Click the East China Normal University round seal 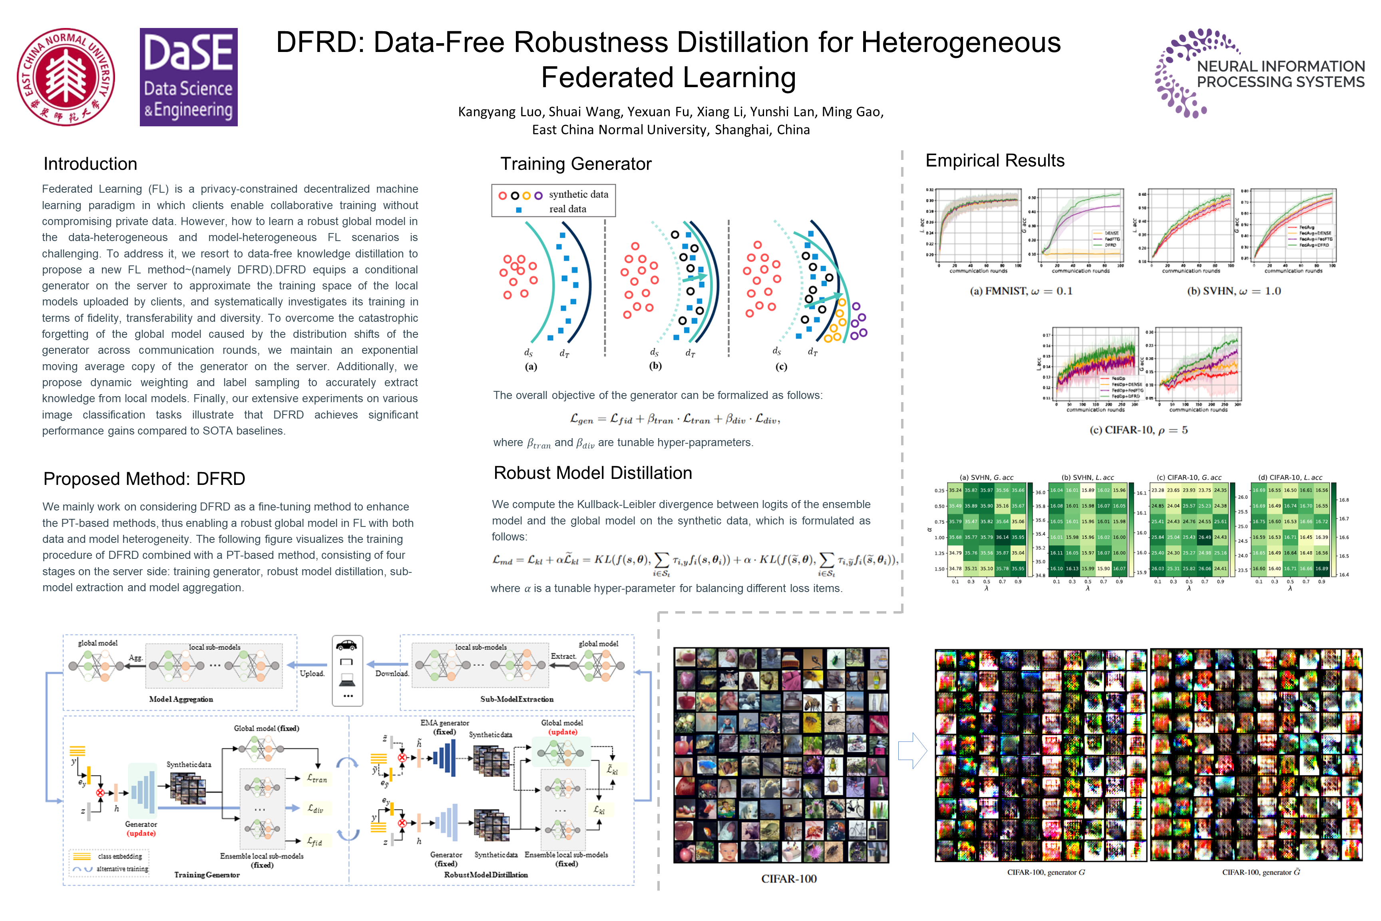pyautogui.click(x=66, y=77)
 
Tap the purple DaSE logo pyautogui.click(x=189, y=77)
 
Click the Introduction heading pyautogui.click(x=90, y=164)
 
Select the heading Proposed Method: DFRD pyautogui.click(x=144, y=479)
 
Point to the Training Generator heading pyautogui.click(x=575, y=164)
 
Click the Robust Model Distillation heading pyautogui.click(x=593, y=473)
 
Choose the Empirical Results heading pyautogui.click(x=995, y=160)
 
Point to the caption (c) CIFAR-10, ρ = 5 pyautogui.click(x=1138, y=430)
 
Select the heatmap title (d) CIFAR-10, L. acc pyautogui.click(x=1290, y=478)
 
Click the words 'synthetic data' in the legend pyautogui.click(x=578, y=194)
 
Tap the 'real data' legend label pyautogui.click(x=567, y=209)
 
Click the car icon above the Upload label pyautogui.click(x=346, y=645)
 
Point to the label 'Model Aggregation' pyautogui.click(x=181, y=699)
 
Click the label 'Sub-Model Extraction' pyautogui.click(x=517, y=699)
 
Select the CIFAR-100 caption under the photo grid pyautogui.click(x=788, y=879)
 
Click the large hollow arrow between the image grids pyautogui.click(x=912, y=751)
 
